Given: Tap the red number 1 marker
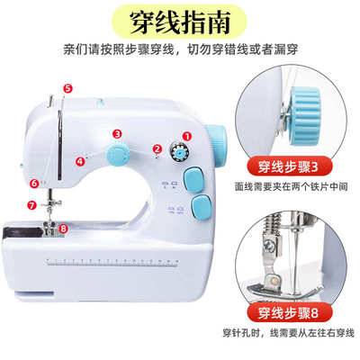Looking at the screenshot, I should [x=188, y=136].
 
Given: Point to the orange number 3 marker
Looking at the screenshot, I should [x=117, y=133].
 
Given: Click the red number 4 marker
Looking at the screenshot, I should [x=80, y=162].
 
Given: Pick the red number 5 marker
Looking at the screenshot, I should [x=67, y=87].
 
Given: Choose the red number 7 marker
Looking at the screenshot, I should [x=31, y=205].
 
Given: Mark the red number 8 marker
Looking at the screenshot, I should [x=62, y=229].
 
